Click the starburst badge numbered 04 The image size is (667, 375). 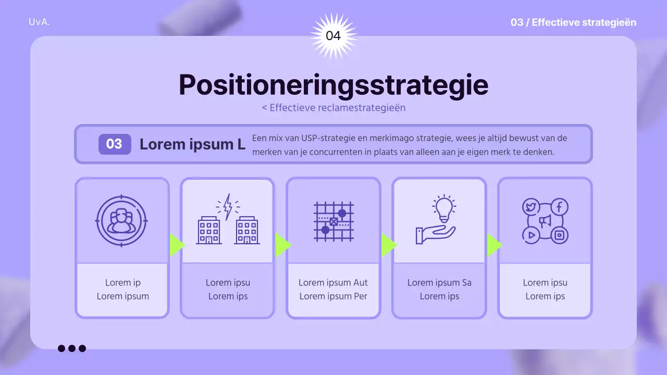(x=333, y=36)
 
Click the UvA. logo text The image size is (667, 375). (x=40, y=22)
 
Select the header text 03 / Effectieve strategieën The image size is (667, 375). (x=573, y=22)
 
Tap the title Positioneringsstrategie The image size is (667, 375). (x=333, y=85)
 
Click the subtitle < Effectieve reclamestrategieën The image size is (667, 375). (x=333, y=108)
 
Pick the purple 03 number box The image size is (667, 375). (x=114, y=144)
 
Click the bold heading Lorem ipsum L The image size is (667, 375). (x=192, y=144)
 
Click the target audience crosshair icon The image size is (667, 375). (x=122, y=221)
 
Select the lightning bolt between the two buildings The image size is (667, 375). (x=228, y=206)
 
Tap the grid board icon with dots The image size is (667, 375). (x=333, y=221)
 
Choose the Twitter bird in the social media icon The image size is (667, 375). (x=530, y=207)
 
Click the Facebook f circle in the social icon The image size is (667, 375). (x=559, y=207)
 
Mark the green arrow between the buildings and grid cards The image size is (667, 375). (x=282, y=245)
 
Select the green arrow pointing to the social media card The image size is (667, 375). (x=493, y=245)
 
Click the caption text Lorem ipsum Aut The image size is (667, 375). (x=333, y=283)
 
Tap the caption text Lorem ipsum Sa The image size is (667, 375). (x=439, y=283)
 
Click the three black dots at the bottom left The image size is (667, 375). (x=72, y=348)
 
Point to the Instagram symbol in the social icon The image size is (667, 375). (x=559, y=235)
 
